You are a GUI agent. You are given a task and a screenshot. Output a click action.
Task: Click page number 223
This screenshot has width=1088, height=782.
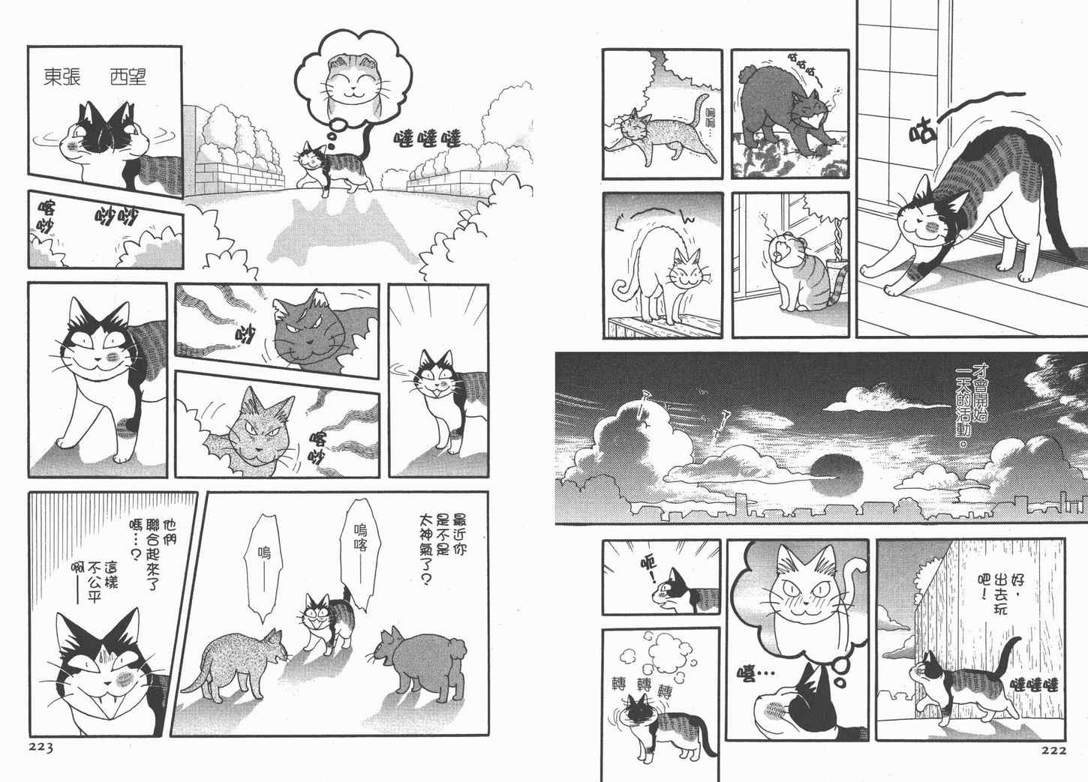41,748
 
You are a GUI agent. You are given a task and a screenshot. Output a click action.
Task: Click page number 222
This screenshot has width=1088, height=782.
1053,751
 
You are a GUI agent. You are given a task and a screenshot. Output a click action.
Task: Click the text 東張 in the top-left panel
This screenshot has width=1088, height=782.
62,76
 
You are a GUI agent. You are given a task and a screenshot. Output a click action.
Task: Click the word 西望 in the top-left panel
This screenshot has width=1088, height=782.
128,76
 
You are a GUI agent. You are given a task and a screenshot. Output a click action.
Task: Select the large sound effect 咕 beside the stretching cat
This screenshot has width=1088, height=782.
922,131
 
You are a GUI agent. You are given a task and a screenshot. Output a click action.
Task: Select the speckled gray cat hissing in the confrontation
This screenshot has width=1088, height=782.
235,665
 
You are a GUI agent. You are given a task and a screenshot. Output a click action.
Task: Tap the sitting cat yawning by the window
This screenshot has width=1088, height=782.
801,272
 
